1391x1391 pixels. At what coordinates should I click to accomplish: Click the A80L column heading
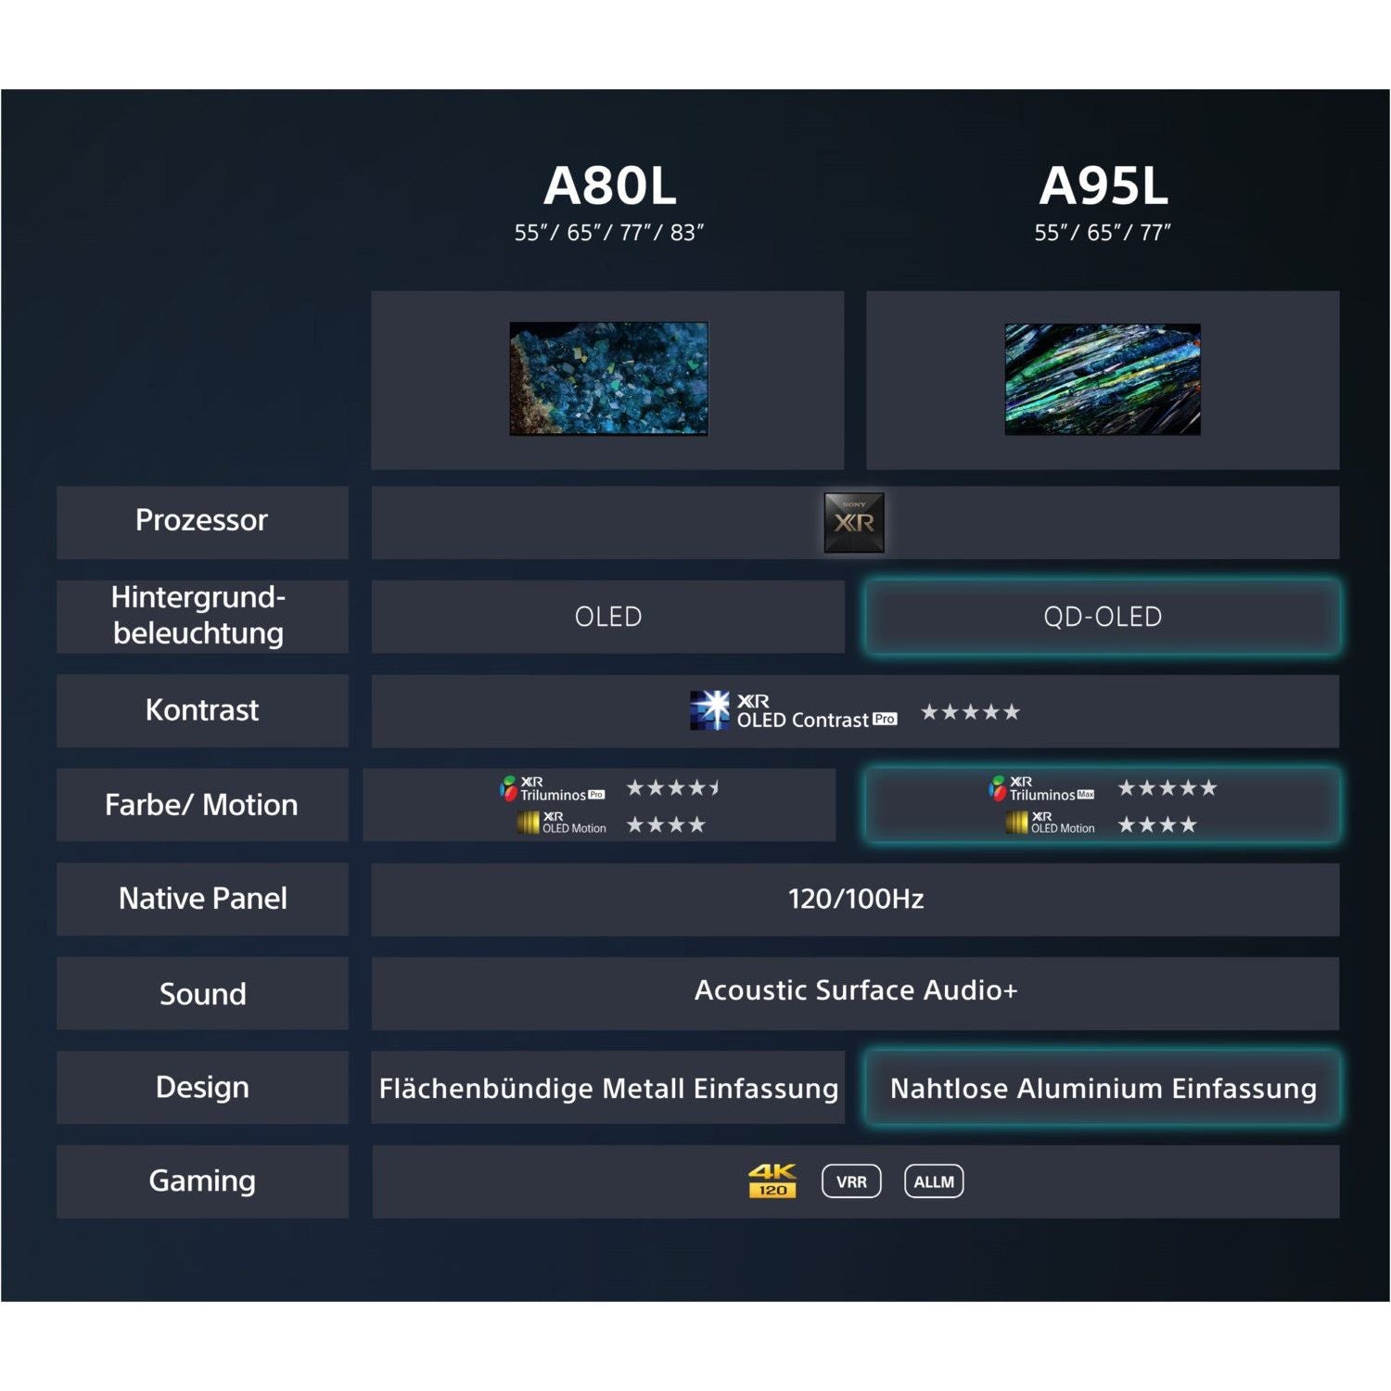click(609, 185)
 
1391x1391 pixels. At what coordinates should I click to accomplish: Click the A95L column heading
click(1103, 185)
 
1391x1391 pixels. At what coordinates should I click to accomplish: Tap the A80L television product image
click(608, 378)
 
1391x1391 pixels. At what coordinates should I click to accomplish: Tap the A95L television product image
click(1103, 378)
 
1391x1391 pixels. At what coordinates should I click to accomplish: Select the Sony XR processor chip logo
click(854, 523)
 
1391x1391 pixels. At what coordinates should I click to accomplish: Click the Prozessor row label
click(201, 520)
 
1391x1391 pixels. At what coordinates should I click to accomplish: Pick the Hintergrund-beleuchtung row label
click(198, 615)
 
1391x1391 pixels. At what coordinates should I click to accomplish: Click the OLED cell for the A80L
click(608, 617)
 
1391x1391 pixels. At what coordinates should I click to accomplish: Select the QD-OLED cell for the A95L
click(1103, 617)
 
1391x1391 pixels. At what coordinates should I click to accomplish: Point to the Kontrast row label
click(202, 710)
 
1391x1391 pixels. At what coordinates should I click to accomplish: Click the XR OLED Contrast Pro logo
click(794, 711)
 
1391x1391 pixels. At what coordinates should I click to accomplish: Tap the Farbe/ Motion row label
click(201, 805)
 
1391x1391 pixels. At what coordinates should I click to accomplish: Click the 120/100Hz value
click(856, 899)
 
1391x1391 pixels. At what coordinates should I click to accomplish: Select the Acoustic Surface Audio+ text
click(856, 990)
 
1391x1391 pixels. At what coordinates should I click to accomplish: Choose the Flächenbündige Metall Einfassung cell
click(608, 1088)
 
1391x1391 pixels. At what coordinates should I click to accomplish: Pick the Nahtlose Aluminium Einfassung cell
click(1103, 1088)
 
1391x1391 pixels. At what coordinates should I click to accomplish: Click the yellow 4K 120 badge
click(772, 1181)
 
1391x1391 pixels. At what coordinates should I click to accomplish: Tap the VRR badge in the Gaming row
click(851, 1181)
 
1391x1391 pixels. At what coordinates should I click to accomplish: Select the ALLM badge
click(934, 1181)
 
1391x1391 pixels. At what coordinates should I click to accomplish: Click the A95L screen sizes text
click(1103, 233)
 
